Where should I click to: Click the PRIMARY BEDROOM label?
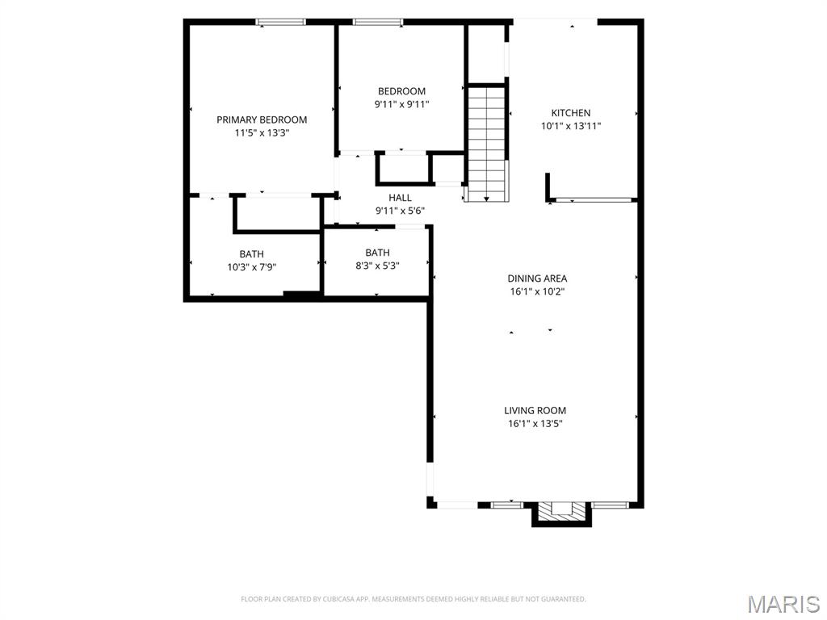[x=262, y=119]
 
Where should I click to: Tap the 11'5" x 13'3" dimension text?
[x=262, y=133]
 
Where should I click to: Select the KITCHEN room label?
[x=571, y=113]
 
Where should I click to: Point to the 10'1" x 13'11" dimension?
[x=571, y=126]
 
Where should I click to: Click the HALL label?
[x=400, y=198]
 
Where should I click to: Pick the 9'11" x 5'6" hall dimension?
[x=400, y=211]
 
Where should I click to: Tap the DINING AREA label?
[x=537, y=279]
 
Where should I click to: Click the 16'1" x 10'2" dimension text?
[x=537, y=291]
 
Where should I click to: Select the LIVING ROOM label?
[x=535, y=410]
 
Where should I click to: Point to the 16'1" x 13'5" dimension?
[x=535, y=423]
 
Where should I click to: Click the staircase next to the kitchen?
[x=486, y=144]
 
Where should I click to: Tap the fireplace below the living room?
[x=561, y=513]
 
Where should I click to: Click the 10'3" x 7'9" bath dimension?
[x=252, y=267]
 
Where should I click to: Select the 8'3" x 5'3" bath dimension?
[x=377, y=266]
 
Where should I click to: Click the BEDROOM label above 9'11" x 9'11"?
[x=401, y=91]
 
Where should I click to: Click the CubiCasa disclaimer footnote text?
[x=413, y=599]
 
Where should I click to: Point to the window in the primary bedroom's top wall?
[x=280, y=22]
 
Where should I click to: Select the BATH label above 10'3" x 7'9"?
[x=252, y=254]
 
